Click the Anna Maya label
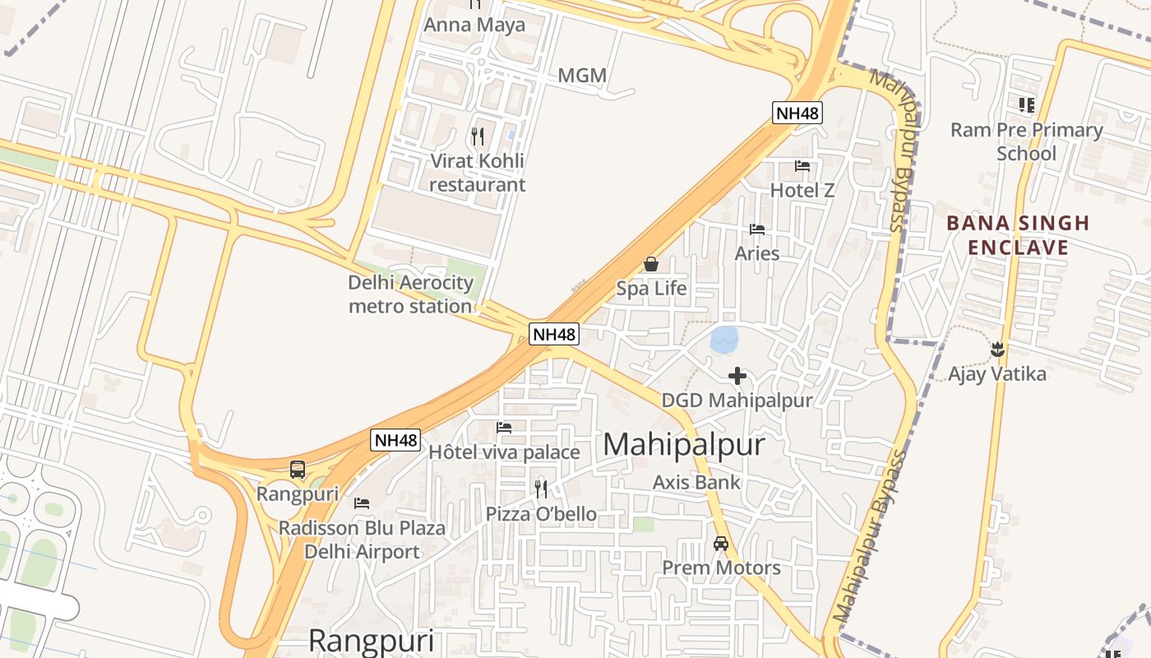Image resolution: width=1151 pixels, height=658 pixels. coord(474,25)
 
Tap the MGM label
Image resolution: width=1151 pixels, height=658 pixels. coord(582,76)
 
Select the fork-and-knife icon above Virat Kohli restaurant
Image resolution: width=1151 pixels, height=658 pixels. coord(478,136)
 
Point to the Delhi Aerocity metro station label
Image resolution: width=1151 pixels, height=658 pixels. coord(410,294)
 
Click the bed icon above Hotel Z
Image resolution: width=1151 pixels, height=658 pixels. coord(802,166)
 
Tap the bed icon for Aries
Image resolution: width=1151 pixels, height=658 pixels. coord(757,229)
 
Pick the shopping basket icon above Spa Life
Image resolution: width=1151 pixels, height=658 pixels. coord(651,264)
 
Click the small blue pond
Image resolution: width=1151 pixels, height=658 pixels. coord(724,339)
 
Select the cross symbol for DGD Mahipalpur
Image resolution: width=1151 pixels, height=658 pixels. coord(737,376)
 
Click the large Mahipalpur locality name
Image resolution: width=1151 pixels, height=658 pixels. coord(684,445)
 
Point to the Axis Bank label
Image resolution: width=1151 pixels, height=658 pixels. coord(696,482)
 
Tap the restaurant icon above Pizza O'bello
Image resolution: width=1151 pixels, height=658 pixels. coord(541,489)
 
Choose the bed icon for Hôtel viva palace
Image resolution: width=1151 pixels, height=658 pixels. coord(504,428)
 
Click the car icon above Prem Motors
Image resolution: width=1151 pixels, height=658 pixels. coord(721,543)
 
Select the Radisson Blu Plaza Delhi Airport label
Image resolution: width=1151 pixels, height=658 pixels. coord(362,540)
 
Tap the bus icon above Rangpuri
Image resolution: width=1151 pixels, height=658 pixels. coord(298,470)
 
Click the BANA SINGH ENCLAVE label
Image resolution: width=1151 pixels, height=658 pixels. coord(1018,235)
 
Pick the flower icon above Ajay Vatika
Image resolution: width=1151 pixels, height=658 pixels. coord(998,350)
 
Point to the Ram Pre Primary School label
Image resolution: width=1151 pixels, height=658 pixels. coord(1026,141)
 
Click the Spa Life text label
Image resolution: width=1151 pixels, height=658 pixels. coord(651,289)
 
